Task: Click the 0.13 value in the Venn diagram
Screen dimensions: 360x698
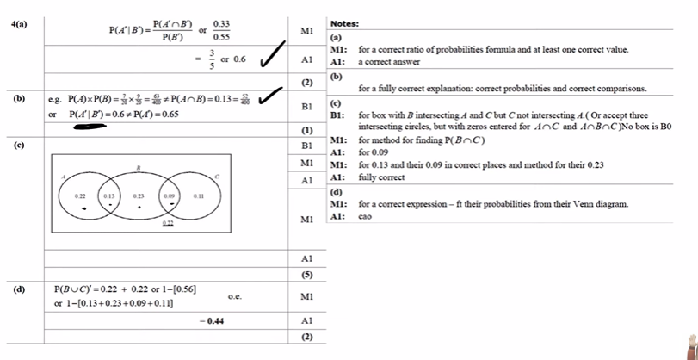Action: pos(110,196)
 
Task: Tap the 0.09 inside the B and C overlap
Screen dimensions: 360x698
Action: pos(170,196)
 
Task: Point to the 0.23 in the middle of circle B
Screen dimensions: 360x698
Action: pos(139,196)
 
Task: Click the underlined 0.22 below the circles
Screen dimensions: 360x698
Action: pos(170,223)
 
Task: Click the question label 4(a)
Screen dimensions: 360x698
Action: pos(18,24)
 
